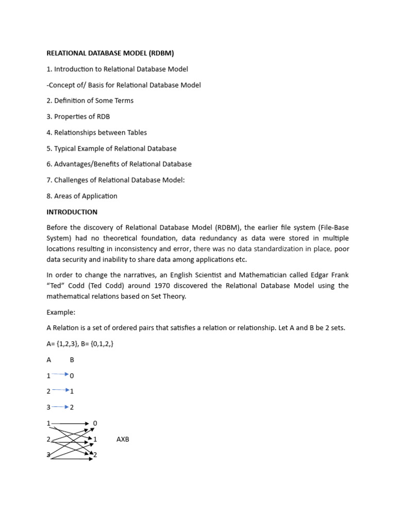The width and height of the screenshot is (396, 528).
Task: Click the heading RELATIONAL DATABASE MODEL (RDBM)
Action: pos(110,53)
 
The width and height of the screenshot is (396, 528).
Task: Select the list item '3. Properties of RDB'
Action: pos(78,117)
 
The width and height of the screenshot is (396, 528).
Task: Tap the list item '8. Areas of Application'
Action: pos(82,196)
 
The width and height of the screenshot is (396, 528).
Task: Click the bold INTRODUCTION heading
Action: pos(72,212)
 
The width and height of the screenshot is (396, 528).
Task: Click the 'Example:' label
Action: pos(60,312)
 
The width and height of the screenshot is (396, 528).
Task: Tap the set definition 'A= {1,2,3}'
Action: pos(63,344)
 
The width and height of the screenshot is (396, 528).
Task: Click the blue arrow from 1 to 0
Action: pos(60,375)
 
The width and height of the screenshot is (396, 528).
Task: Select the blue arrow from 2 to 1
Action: pos(60,391)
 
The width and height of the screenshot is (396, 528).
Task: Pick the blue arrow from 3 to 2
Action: pos(60,407)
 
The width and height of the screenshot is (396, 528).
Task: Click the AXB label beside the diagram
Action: pos(123,439)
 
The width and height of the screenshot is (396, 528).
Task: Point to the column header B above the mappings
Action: pos(72,360)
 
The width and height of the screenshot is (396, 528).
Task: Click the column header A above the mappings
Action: pos(49,360)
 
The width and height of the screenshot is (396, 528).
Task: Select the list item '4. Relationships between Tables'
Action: pos(96,133)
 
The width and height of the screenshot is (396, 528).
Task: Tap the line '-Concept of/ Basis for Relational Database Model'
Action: pos(124,85)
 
